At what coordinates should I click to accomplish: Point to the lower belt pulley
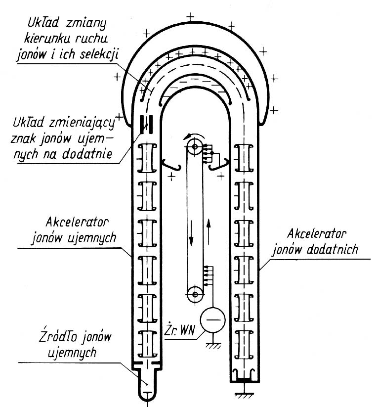click(196, 295)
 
